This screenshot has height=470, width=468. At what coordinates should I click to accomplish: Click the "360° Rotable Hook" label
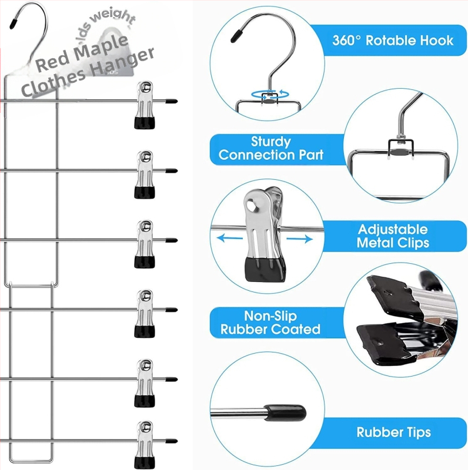393,41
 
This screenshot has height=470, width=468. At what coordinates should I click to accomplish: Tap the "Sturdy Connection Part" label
271,149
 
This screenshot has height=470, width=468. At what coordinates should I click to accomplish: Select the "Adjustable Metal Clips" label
392,236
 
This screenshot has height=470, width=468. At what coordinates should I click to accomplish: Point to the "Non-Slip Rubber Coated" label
270,323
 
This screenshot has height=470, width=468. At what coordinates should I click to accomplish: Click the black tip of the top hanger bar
171,101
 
